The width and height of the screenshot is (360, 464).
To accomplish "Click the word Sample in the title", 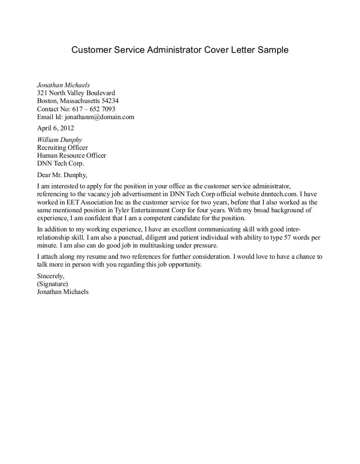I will [x=273, y=50].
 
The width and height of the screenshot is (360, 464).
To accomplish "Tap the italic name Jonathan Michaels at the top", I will [x=63, y=85].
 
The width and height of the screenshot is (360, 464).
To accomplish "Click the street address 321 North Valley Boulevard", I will [x=76, y=93].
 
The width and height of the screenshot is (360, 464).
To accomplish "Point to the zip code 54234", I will [x=110, y=101].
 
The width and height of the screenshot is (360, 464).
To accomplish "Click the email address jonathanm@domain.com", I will [x=99, y=117].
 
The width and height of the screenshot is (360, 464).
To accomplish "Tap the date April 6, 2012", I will [x=55, y=128].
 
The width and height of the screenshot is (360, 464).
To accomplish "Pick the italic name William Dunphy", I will [x=59, y=140].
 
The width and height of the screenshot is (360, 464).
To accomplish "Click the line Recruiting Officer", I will [x=62, y=148].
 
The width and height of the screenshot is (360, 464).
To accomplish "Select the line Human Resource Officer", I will [x=72, y=156].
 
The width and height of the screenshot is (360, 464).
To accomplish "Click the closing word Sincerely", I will [x=51, y=276].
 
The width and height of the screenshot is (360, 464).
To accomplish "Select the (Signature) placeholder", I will [x=53, y=284].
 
